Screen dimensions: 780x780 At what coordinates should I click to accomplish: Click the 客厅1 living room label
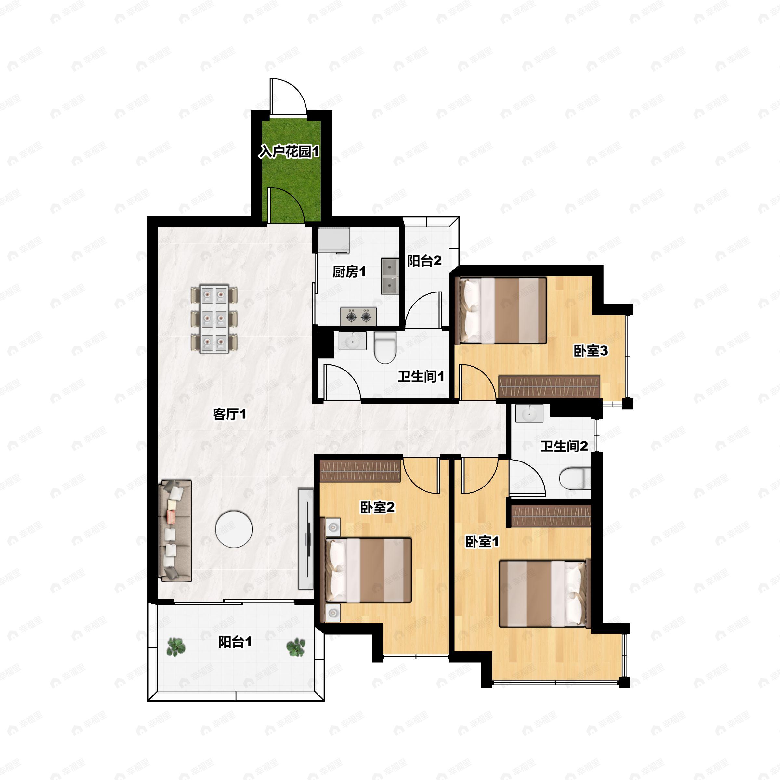click(x=229, y=414)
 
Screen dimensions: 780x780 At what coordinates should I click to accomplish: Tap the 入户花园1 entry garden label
click(x=289, y=152)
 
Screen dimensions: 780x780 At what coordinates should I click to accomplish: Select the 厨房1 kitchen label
click(x=349, y=272)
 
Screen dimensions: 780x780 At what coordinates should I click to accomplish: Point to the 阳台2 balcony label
click(x=424, y=261)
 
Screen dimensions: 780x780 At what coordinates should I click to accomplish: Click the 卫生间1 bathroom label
click(x=421, y=377)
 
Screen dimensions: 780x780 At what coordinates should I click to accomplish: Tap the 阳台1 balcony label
click(x=235, y=642)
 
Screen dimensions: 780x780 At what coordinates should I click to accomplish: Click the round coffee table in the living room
click(x=234, y=529)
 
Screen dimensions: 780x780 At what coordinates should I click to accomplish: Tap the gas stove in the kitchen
click(x=358, y=317)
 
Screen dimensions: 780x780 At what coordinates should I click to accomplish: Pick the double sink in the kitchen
click(x=390, y=277)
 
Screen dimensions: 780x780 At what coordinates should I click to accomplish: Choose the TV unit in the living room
click(x=305, y=539)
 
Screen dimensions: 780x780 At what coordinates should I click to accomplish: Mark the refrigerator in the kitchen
click(x=333, y=240)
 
